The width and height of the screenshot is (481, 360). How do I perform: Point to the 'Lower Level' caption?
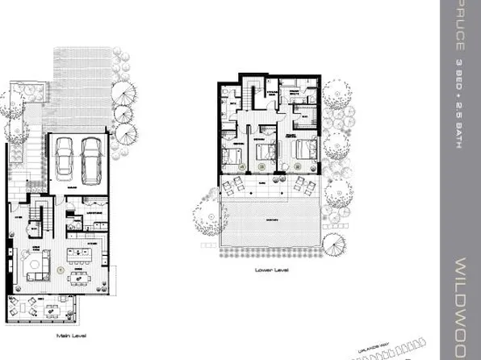pos(271,270)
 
